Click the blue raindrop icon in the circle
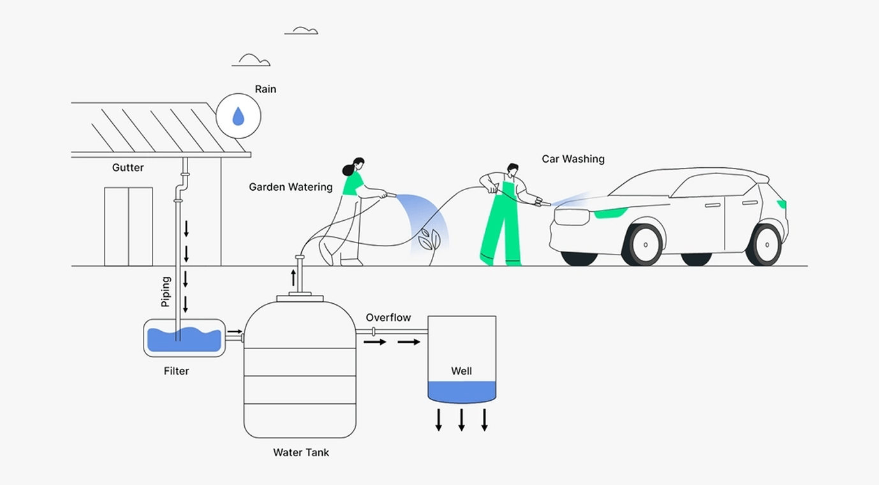[x=238, y=116]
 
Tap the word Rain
[x=265, y=89]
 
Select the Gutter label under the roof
[x=128, y=168]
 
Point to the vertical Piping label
[x=166, y=292]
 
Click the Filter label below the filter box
[x=176, y=371]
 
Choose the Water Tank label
[x=301, y=452]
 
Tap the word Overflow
[x=388, y=318]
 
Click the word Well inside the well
[x=461, y=371]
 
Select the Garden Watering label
[x=291, y=187]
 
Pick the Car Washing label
[x=573, y=159]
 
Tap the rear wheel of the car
[x=765, y=244]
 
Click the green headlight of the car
[x=610, y=213]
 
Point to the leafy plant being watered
[x=428, y=241]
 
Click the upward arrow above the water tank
[x=293, y=278]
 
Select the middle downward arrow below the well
[x=461, y=419]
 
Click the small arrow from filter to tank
[x=234, y=332]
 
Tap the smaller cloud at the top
[x=301, y=31]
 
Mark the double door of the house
[x=128, y=227]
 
